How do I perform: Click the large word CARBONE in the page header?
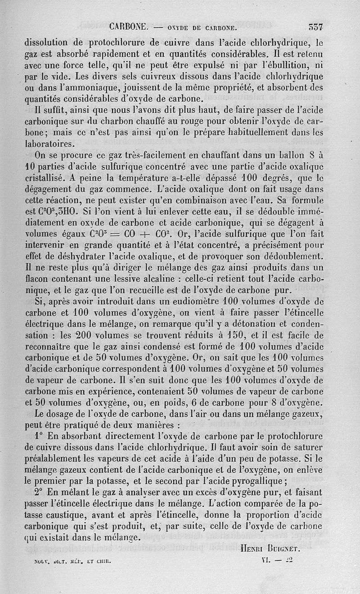pos(128,27)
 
